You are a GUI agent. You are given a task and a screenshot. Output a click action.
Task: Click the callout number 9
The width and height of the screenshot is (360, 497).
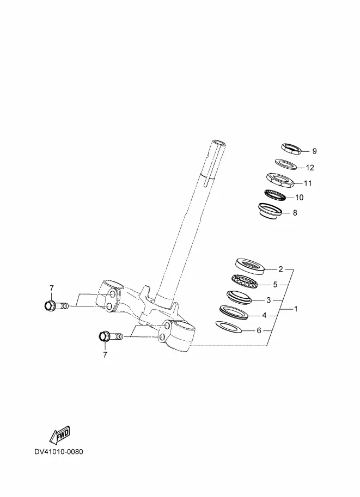click(x=314, y=151)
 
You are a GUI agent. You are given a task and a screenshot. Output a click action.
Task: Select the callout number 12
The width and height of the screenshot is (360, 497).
click(x=309, y=168)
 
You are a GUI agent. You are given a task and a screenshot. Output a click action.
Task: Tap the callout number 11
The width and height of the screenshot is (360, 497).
click(x=308, y=183)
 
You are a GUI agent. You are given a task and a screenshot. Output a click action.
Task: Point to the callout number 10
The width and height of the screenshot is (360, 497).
click(x=299, y=198)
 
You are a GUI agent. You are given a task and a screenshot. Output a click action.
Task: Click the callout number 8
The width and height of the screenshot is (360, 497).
click(x=295, y=213)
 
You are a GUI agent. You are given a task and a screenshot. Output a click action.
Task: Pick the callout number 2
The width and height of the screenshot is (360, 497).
click(x=280, y=269)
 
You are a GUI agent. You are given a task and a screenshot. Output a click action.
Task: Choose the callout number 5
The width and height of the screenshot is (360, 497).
click(x=275, y=285)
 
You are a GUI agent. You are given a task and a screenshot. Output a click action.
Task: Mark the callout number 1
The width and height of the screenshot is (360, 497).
click(x=296, y=309)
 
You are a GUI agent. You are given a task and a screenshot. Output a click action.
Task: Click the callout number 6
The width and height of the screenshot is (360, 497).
click(x=259, y=331)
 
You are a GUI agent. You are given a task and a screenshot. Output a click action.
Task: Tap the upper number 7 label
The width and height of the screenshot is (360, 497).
click(x=52, y=288)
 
